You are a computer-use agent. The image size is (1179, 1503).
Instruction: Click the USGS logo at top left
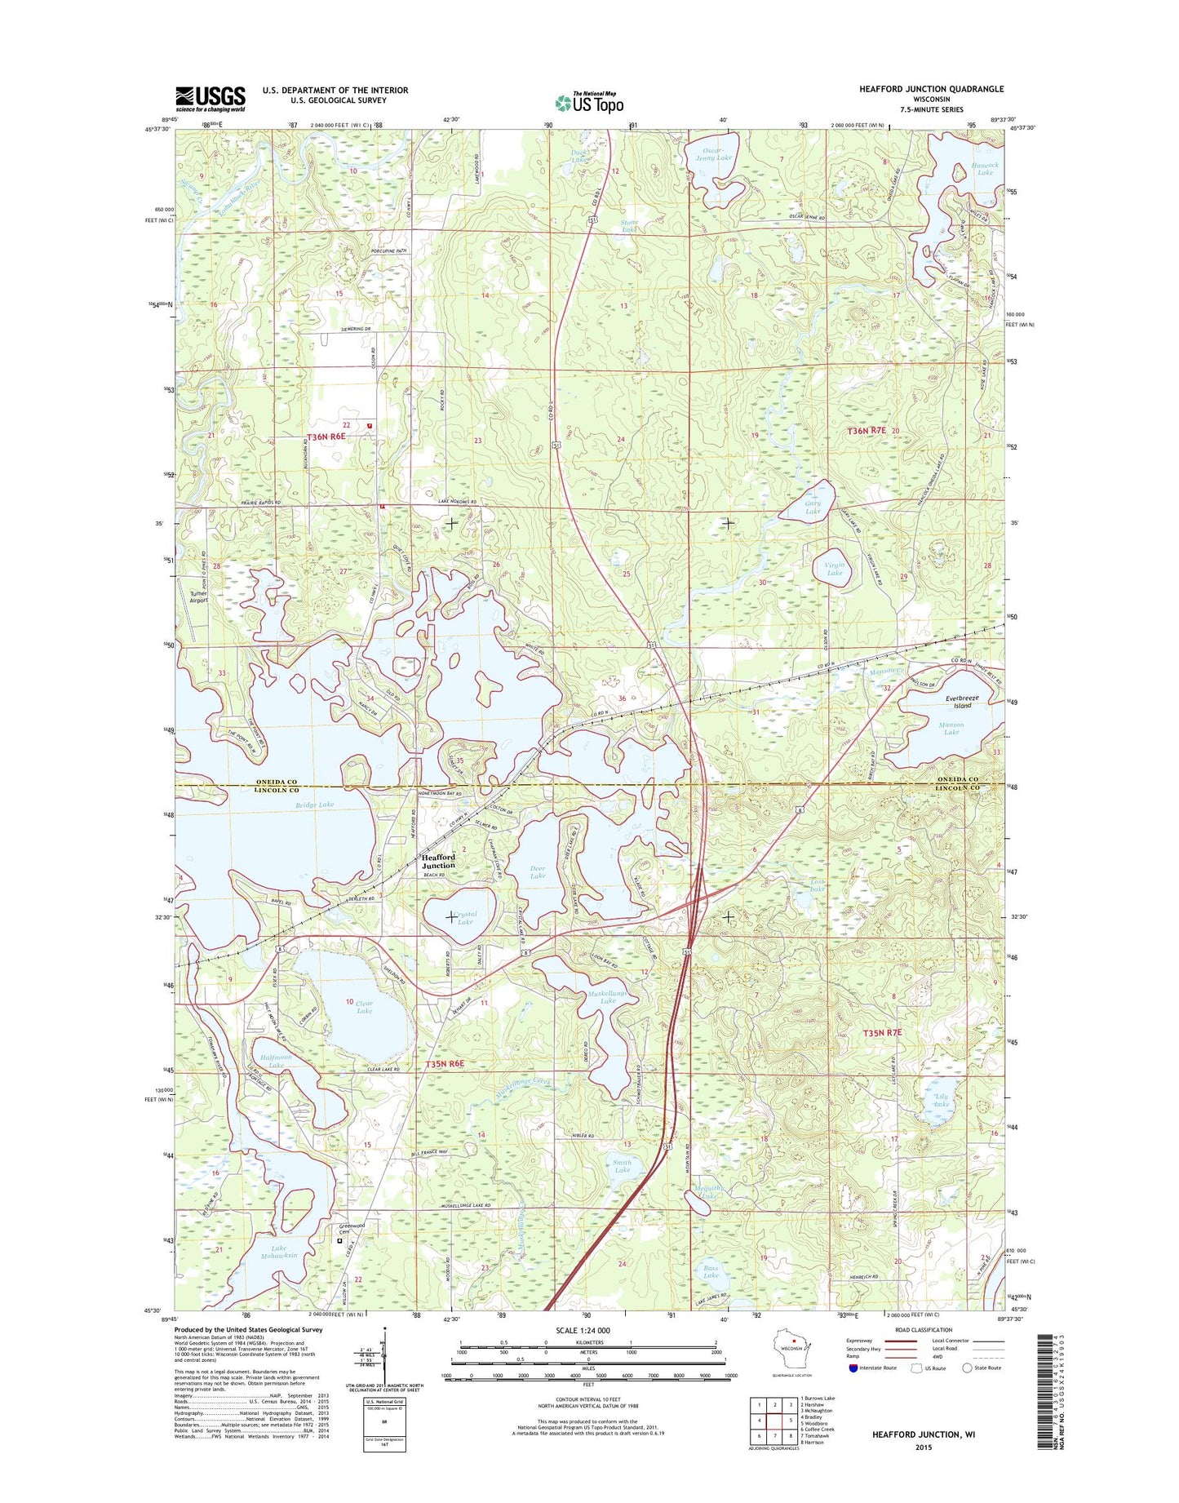tap(210, 99)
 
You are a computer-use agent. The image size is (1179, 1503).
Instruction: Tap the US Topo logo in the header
tap(589, 102)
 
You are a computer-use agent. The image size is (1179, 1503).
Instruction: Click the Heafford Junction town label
tap(438, 861)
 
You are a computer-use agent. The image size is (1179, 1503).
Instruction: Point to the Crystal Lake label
tap(465, 917)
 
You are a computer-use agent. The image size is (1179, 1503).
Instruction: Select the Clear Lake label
tap(364, 1007)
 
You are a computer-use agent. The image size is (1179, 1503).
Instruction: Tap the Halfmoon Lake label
tap(276, 1061)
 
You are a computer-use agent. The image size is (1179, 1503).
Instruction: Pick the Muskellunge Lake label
tap(607, 997)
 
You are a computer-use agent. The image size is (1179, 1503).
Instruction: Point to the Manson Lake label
tap(951, 728)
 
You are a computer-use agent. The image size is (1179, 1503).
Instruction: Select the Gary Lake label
tap(813, 508)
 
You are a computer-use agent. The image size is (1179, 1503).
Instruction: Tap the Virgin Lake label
tap(834, 569)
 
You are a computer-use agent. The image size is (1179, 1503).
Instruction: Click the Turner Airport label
tap(198, 596)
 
